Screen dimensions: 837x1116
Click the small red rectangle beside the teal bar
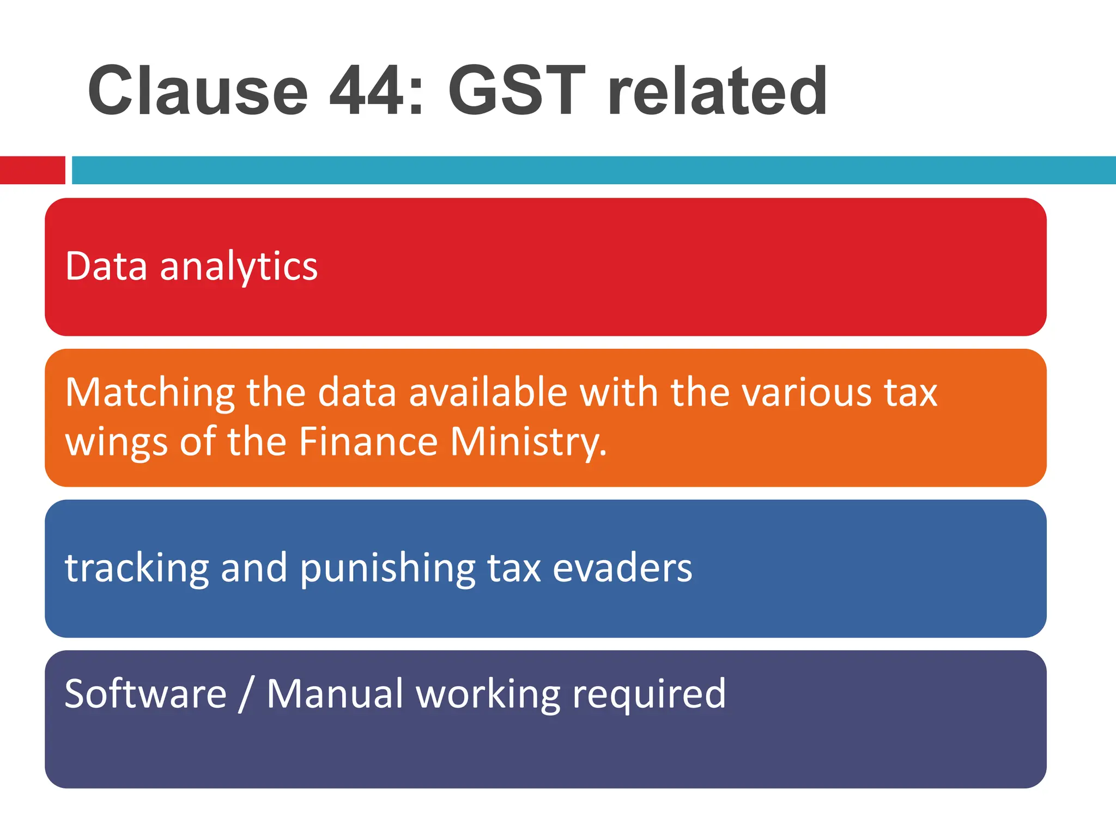pos(32,170)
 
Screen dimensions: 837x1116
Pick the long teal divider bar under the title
pos(594,170)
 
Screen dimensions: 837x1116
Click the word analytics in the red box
pos(239,267)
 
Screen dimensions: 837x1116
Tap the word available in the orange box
pos(488,392)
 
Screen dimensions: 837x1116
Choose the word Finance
pos(368,441)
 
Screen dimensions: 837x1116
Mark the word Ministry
pos(528,442)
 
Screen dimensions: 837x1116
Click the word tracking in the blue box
pos(137,568)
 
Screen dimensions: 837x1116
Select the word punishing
pos(387,568)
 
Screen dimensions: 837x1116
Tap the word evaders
pos(622,568)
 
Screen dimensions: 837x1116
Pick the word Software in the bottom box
pos(145,694)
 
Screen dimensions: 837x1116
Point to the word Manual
pos(335,694)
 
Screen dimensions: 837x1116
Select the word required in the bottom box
pos(648,695)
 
